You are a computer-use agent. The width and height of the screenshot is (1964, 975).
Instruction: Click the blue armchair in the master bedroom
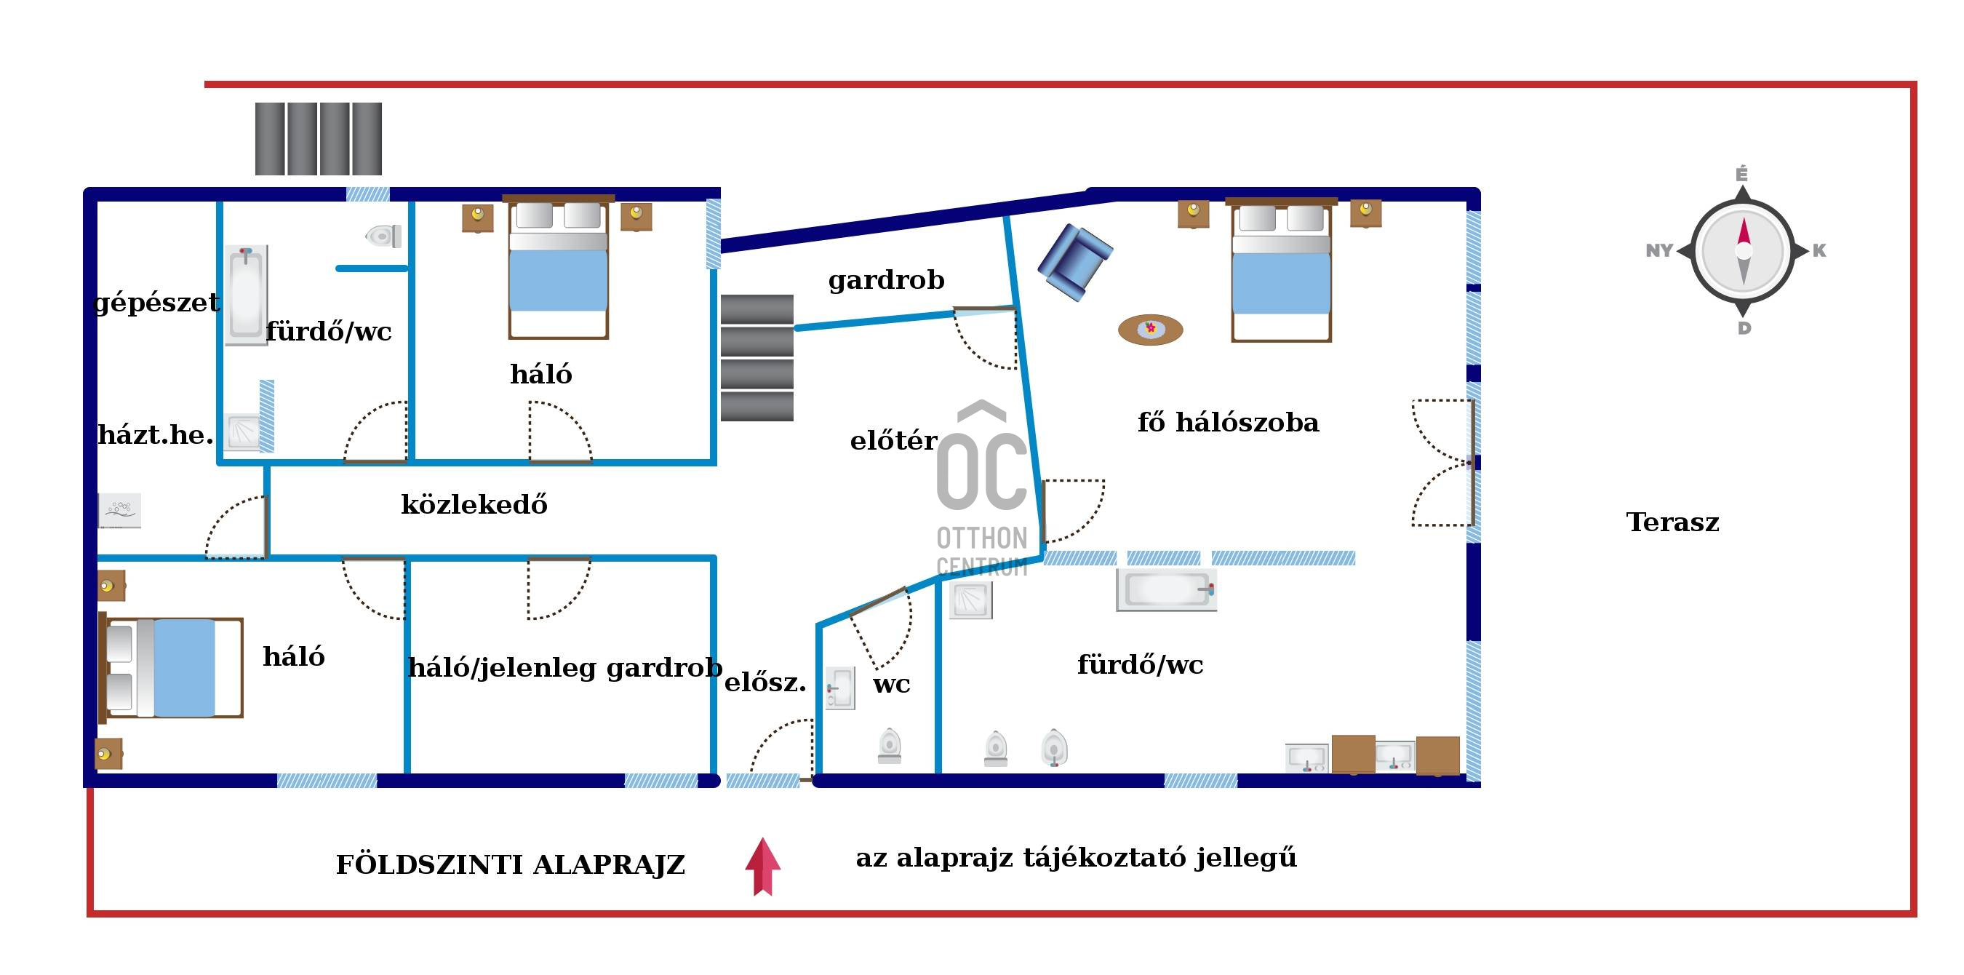[x=1075, y=262]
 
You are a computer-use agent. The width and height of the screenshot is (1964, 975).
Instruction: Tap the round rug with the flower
[x=1151, y=330]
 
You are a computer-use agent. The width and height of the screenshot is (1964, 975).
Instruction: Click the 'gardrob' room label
[x=886, y=281]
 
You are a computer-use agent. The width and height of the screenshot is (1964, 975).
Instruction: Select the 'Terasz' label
[x=1673, y=522]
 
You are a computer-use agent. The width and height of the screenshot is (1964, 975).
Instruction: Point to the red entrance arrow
[x=762, y=867]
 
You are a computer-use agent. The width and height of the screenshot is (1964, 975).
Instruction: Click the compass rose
[x=1743, y=250]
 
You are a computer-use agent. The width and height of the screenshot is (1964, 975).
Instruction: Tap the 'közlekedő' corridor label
[x=474, y=504]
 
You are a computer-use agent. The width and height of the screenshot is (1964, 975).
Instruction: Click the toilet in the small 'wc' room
[x=890, y=745]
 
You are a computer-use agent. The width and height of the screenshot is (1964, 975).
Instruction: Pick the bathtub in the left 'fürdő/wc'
[x=247, y=295]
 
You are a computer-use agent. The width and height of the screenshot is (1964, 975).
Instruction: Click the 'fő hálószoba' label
[x=1229, y=422]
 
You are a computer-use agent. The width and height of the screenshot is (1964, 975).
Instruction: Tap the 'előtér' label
[x=893, y=440]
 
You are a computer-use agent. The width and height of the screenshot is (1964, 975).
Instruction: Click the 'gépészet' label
[x=156, y=303]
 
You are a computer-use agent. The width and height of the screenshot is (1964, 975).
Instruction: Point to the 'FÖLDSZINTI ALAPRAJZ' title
[x=511, y=865]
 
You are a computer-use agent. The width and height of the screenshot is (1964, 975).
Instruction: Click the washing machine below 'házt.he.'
[x=120, y=510]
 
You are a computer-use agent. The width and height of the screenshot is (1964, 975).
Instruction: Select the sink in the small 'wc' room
[x=840, y=688]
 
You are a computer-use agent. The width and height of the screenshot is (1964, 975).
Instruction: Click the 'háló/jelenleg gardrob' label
[x=565, y=667]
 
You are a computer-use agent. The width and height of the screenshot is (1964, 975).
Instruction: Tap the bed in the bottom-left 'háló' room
[x=172, y=667]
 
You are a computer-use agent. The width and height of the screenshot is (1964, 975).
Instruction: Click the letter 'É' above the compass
[x=1742, y=175]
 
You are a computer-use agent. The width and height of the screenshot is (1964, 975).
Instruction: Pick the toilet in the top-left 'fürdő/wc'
[x=383, y=236]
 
